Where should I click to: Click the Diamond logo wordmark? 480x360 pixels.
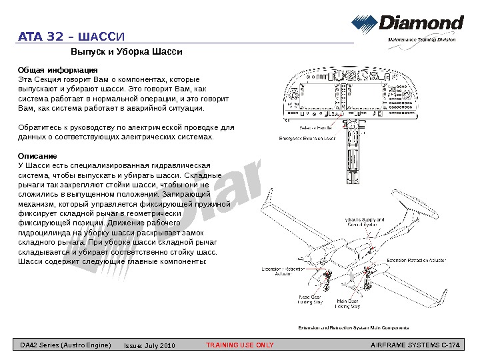[x=421, y=24]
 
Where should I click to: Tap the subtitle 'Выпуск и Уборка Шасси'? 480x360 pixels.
[x=127, y=51]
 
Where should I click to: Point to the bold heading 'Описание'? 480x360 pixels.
[x=37, y=156]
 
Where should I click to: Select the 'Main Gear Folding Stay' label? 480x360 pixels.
[x=347, y=303]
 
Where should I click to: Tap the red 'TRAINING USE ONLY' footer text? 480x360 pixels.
[x=239, y=345]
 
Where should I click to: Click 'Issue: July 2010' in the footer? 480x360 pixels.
[x=149, y=346]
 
